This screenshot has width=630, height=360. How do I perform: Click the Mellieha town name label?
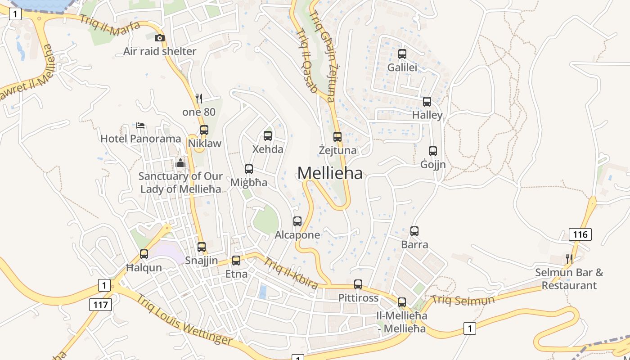pos(330,173)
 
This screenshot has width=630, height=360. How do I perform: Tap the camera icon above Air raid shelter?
pos(160,38)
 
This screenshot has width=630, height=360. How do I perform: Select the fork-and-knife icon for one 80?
pos(199,98)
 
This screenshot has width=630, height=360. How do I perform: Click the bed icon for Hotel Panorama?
pos(140,125)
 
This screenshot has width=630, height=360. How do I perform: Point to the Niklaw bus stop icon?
pos(204,130)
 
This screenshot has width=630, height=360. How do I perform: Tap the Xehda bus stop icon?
pos(268,135)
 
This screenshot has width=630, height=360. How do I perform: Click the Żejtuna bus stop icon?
pos(337,137)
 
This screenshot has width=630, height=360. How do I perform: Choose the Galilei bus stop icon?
pos(402,54)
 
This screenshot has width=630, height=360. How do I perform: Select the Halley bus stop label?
pos(427,115)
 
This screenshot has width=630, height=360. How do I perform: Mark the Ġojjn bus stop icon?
pos(433,151)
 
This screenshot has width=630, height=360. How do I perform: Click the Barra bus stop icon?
pos(414,231)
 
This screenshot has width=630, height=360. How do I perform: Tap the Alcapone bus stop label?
pos(297,235)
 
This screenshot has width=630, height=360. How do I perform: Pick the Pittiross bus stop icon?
pos(358,284)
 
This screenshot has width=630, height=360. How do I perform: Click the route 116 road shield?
pos(580,234)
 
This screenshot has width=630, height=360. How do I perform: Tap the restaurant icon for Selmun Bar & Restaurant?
pos(569,259)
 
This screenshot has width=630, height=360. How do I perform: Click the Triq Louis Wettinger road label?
pos(185,320)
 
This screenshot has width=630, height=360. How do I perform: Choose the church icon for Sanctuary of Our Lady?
pos(180,163)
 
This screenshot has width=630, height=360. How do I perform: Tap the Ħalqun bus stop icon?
pos(144,254)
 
